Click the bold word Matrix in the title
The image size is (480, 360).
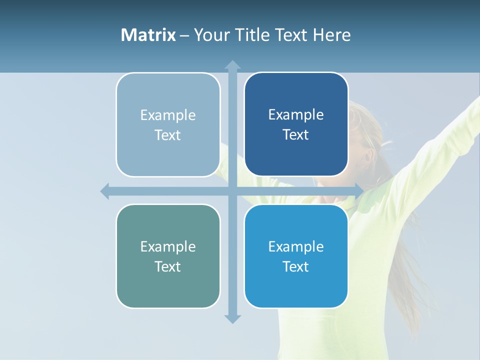(x=148, y=35)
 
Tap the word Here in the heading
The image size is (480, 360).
(x=331, y=35)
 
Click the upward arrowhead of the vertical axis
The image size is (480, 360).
(x=232, y=64)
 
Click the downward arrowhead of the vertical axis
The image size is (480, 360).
(x=232, y=319)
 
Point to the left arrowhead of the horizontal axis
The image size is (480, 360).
(x=105, y=191)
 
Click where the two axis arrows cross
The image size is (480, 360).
(x=232, y=191)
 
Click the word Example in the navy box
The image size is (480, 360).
(x=296, y=114)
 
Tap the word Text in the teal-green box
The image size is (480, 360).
(x=167, y=266)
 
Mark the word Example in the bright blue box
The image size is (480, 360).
(x=296, y=246)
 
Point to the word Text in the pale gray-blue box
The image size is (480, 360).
(x=167, y=135)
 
